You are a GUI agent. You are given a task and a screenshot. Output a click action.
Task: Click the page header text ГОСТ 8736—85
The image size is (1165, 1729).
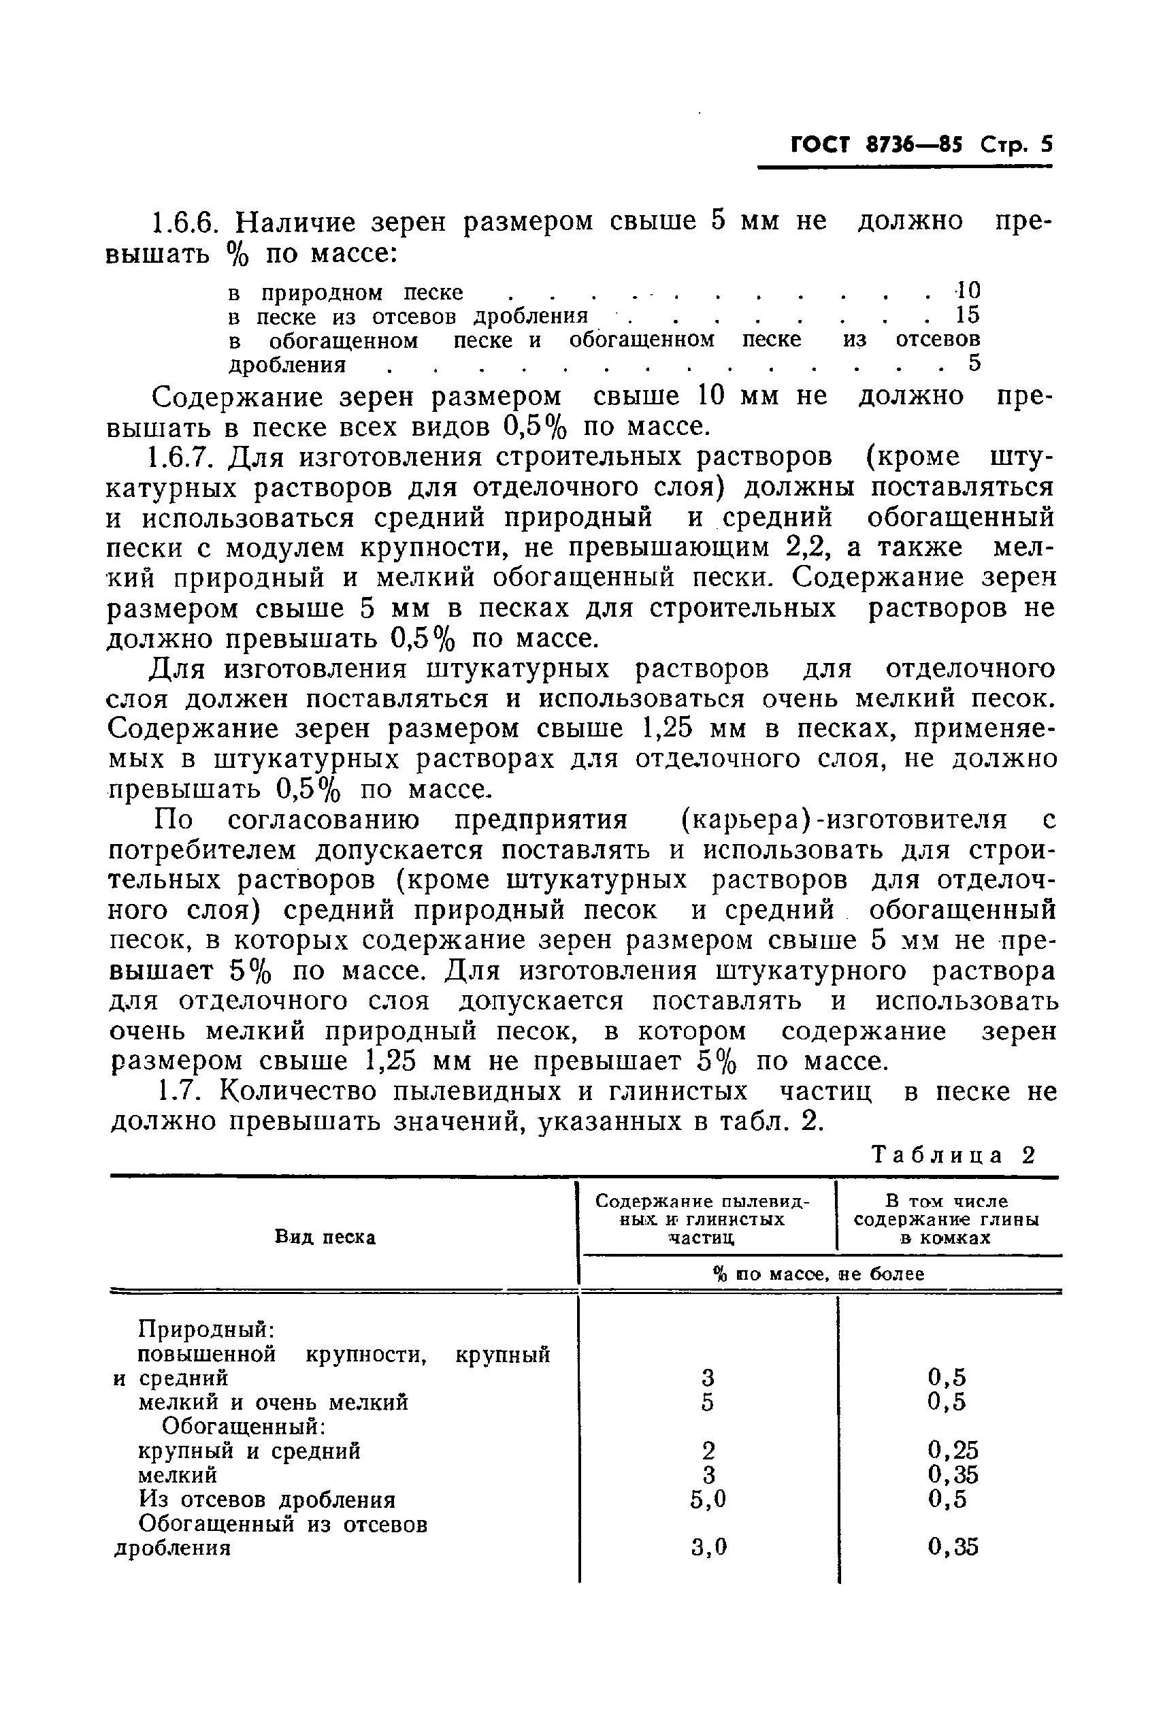(x=876, y=144)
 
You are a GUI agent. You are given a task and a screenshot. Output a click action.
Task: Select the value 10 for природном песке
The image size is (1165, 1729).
(x=968, y=291)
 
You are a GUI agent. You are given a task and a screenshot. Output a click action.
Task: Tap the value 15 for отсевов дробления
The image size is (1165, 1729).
(x=968, y=315)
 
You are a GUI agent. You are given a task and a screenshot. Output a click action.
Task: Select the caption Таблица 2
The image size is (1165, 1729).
(x=953, y=1155)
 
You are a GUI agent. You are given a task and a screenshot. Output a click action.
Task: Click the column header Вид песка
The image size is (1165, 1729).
(x=325, y=1237)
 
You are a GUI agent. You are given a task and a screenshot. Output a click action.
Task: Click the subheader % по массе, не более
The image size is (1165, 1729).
(x=819, y=1274)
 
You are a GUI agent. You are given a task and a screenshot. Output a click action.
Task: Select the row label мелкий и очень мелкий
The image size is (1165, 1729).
(x=274, y=1402)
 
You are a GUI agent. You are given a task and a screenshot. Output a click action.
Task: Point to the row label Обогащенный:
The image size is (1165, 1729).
(x=244, y=1426)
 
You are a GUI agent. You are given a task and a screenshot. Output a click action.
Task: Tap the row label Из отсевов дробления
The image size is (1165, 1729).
(x=267, y=1500)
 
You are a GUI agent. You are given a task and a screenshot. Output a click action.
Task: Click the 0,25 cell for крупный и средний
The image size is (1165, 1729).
(x=953, y=1451)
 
